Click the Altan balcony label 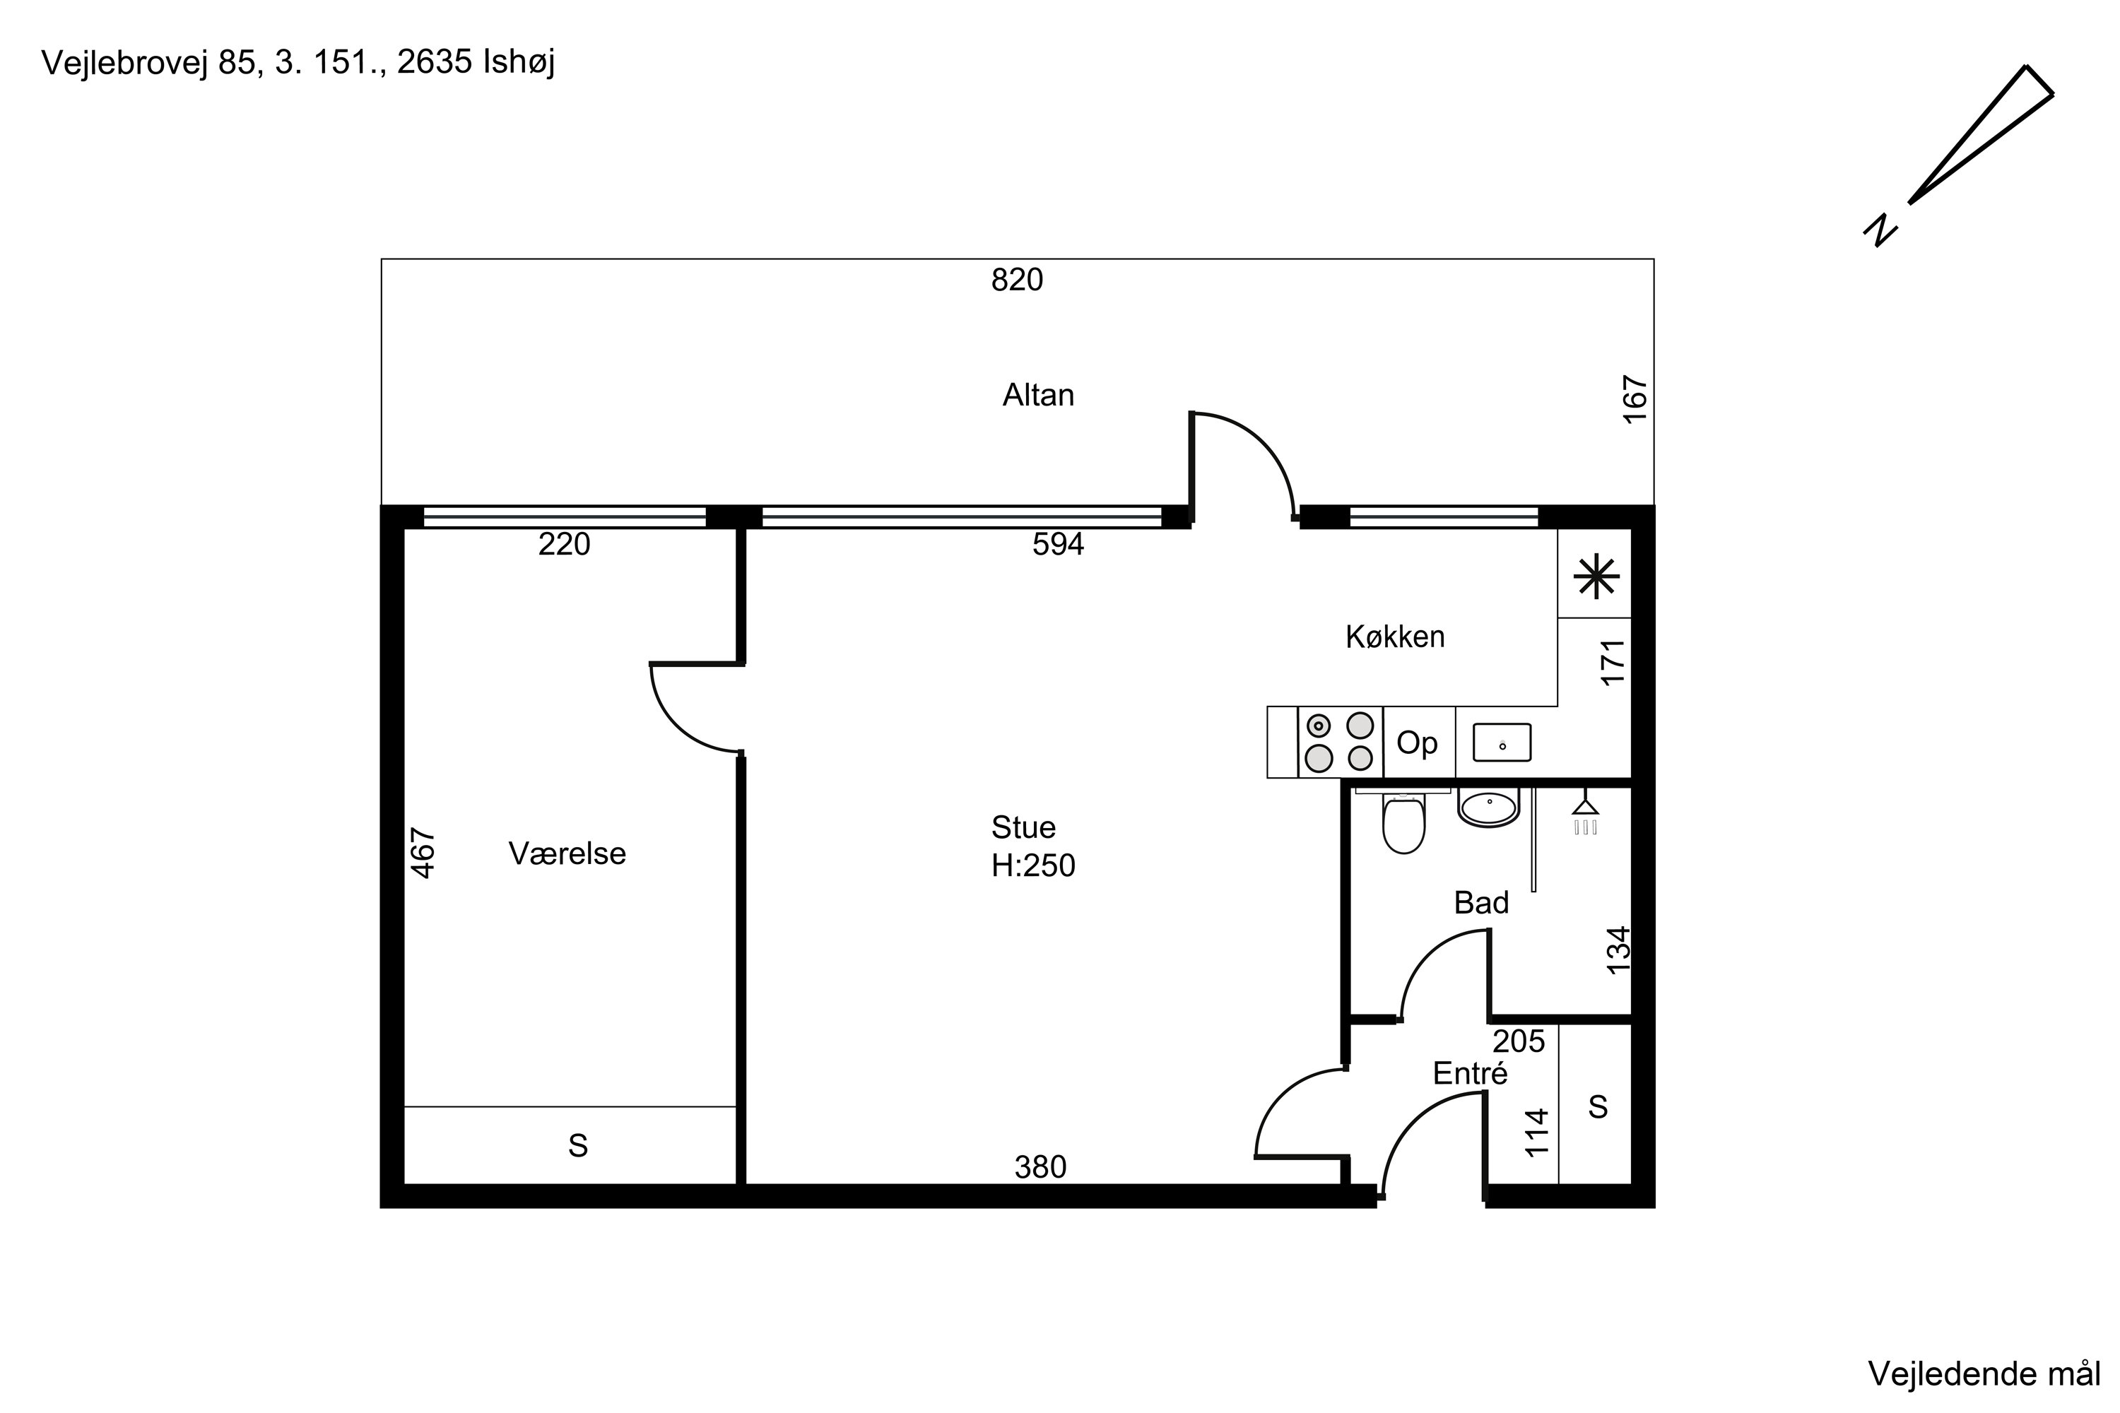(x=1038, y=395)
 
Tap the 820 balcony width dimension (x=1017, y=280)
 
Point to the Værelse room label (x=567, y=853)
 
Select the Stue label (x=1023, y=827)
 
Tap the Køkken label (x=1395, y=637)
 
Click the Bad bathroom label (x=1482, y=902)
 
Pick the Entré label (x=1470, y=1073)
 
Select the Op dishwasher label (x=1417, y=743)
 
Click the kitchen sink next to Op (x=1502, y=743)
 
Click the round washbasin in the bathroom (x=1488, y=805)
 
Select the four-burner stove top (x=1339, y=742)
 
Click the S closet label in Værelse (x=578, y=1145)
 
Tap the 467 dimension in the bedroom (x=423, y=853)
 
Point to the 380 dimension (x=1040, y=1167)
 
